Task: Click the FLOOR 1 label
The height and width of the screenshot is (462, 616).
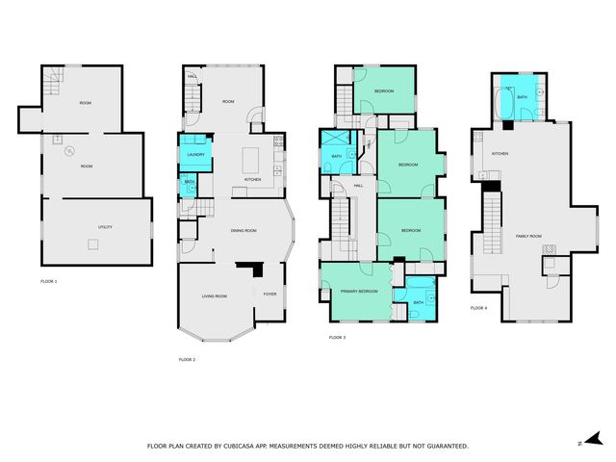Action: click(49, 281)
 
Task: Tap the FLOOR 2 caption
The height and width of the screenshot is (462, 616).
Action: click(187, 359)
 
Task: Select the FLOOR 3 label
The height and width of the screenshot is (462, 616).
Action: click(337, 337)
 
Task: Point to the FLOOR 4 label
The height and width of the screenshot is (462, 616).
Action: click(478, 308)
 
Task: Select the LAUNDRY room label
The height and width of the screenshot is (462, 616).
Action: click(195, 153)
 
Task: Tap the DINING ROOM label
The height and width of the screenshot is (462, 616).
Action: click(243, 230)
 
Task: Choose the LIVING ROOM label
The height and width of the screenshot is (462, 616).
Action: click(214, 295)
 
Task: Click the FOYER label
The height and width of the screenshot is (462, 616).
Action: click(269, 295)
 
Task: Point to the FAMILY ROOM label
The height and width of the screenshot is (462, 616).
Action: click(528, 236)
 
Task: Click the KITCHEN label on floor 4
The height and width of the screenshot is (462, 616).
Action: click(500, 154)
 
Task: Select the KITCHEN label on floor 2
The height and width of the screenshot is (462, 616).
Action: click(252, 180)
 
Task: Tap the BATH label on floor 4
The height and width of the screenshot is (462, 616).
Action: click(522, 97)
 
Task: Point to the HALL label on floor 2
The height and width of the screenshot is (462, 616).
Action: click(192, 77)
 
